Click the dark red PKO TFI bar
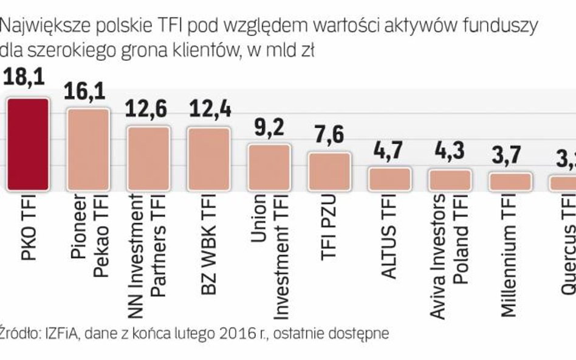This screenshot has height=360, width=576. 27,144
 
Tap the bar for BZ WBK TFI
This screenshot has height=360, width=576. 208,158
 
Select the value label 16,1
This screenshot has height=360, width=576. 86,91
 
